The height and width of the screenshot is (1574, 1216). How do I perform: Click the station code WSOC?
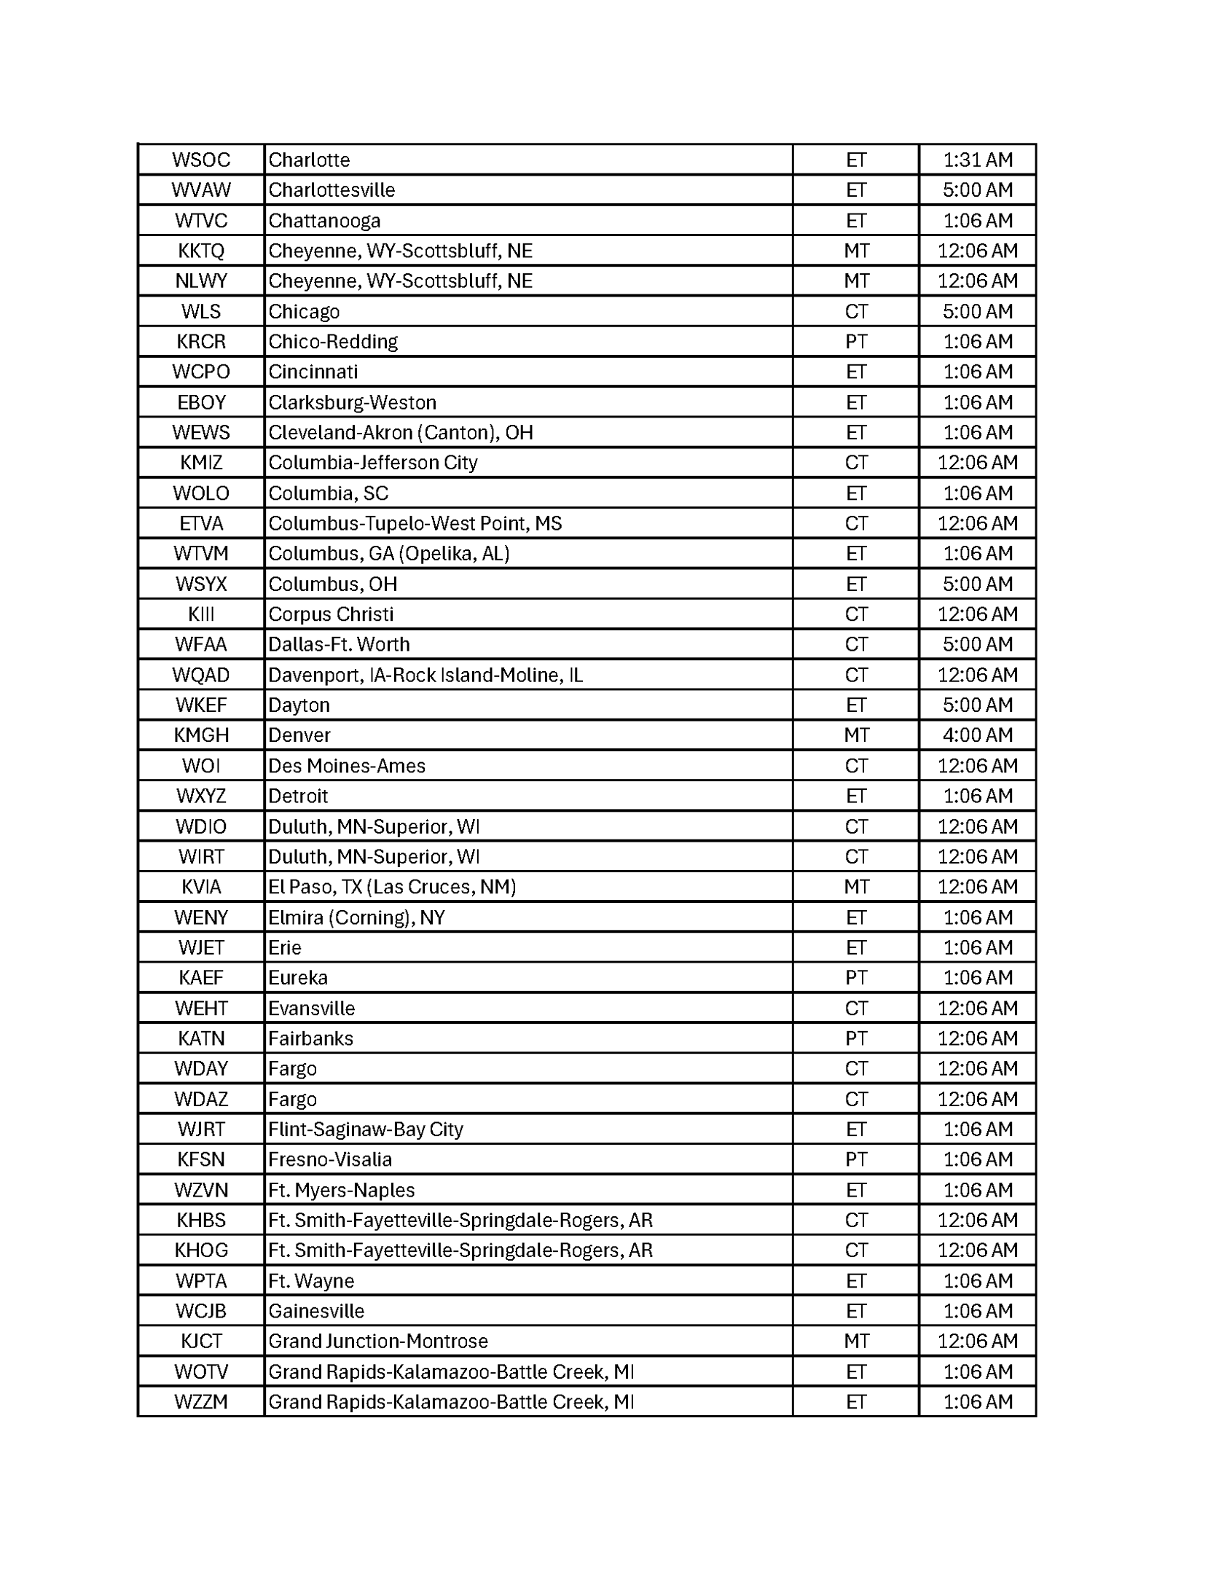[x=201, y=160]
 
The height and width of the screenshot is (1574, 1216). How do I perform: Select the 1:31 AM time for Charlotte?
[x=977, y=160]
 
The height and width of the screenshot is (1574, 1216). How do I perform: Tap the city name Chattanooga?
[x=324, y=220]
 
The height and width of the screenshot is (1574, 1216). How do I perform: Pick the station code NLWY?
[x=201, y=281]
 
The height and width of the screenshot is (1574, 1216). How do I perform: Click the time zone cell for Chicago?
[x=856, y=311]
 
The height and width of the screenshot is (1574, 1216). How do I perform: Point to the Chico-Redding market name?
[x=333, y=342]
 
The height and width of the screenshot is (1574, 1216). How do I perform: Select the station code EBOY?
[x=201, y=402]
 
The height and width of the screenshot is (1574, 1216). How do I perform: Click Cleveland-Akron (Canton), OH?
[x=401, y=433]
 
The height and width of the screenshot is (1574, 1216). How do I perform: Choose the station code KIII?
[x=201, y=614]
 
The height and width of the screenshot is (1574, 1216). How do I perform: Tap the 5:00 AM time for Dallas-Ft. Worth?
[x=977, y=644]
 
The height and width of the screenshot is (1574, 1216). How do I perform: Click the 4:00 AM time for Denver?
[x=977, y=735]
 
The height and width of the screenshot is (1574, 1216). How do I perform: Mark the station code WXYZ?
[x=201, y=796]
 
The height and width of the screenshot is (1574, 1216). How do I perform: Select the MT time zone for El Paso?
[x=856, y=887]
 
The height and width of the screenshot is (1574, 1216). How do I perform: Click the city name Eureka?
[x=298, y=978]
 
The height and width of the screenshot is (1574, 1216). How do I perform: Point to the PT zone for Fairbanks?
[x=856, y=1038]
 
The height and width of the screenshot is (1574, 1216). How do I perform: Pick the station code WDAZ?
[x=201, y=1099]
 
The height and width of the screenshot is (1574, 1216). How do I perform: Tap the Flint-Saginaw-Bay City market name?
[x=366, y=1129]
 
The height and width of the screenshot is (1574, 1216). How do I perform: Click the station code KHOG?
[x=201, y=1250]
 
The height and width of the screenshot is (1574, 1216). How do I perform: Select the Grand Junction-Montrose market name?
[x=378, y=1342]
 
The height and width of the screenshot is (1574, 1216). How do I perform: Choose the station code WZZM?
[x=201, y=1402]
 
